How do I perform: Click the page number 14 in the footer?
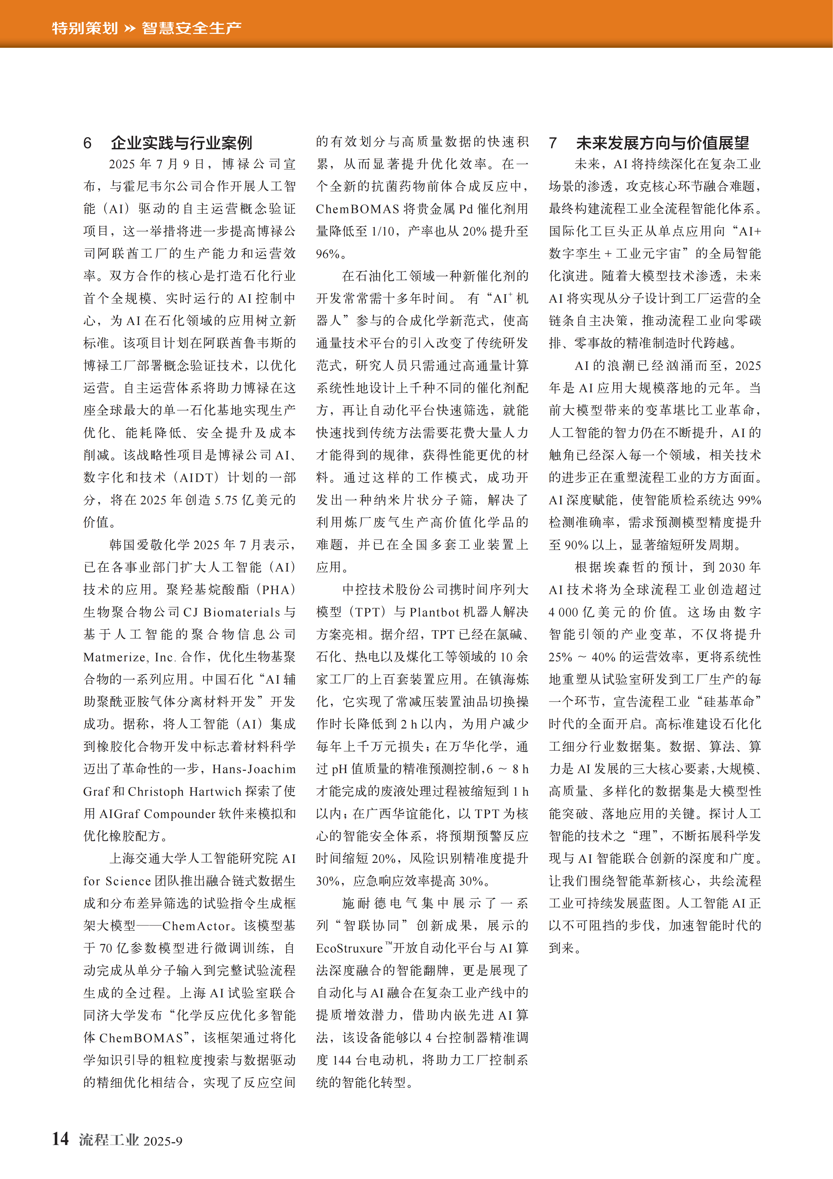point(61,1139)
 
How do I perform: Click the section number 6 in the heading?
point(88,143)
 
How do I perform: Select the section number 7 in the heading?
point(553,143)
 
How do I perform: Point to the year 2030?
point(732,567)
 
